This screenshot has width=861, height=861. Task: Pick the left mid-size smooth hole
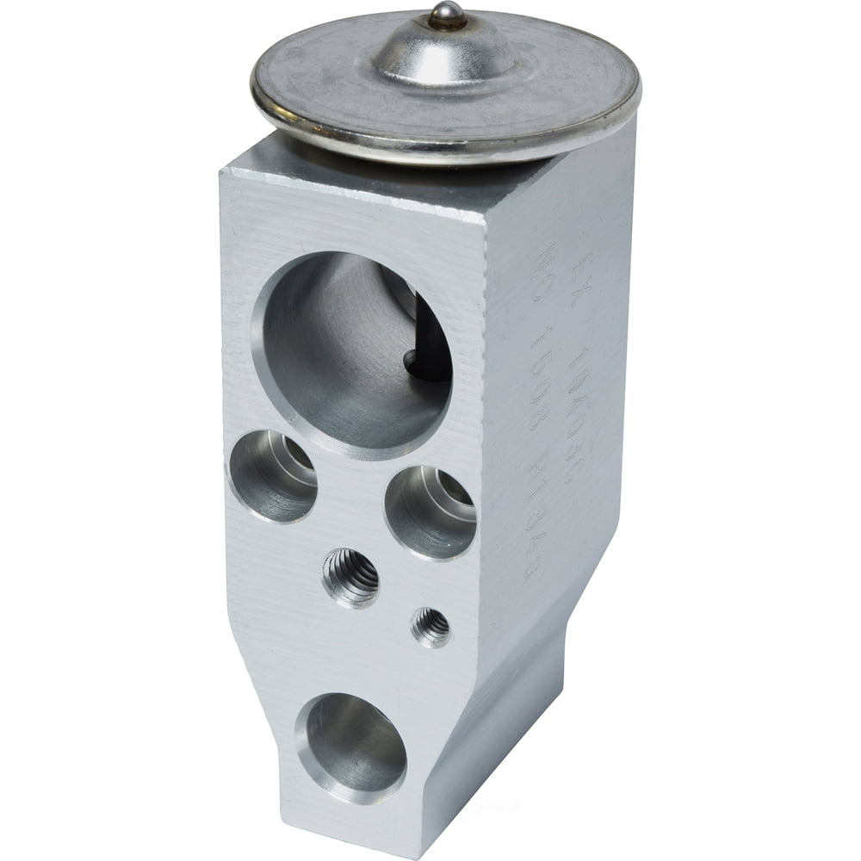coord(272,475)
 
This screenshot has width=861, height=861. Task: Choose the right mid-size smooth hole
coord(430,511)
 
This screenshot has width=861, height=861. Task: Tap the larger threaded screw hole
coord(350,578)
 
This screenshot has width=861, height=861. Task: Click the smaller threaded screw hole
coord(430,627)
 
